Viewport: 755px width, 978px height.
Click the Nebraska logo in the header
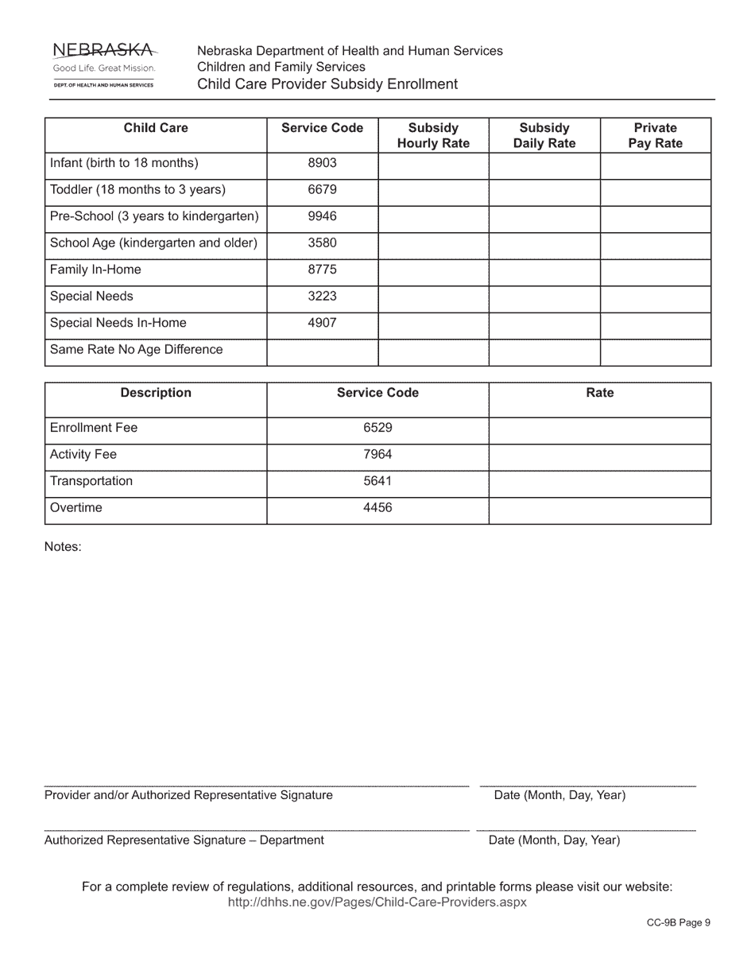103,64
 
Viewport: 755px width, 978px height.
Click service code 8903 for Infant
322,163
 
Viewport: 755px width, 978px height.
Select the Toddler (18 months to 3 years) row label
137,190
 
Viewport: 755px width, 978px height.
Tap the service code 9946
322,216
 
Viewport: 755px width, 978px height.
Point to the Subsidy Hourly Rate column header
433,136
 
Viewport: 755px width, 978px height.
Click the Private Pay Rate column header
655,136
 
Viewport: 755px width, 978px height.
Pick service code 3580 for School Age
322,243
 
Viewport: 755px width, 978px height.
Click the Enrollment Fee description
94,428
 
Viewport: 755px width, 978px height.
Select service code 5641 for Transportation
377,481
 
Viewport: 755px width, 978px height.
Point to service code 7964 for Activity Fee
377,455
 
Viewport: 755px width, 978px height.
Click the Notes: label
63,547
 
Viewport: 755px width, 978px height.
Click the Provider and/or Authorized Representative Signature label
188,795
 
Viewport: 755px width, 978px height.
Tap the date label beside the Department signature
554,840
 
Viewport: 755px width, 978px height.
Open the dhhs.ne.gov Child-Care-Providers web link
377,902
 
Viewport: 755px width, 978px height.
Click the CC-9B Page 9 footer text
678,922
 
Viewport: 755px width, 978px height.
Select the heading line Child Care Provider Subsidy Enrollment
327,84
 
